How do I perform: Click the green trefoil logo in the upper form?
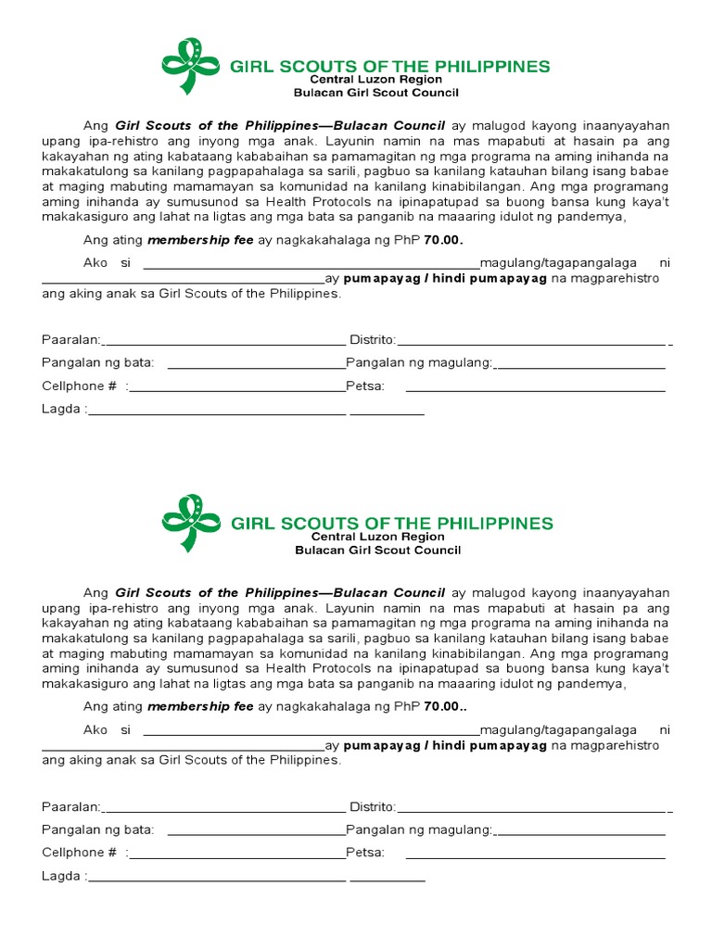[x=192, y=67]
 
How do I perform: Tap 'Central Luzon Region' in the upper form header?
[x=375, y=80]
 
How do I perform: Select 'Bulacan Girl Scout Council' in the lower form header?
[x=377, y=550]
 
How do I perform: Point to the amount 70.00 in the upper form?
[x=441, y=241]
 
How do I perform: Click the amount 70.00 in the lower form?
[x=441, y=706]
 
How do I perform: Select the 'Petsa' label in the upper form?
[x=364, y=386]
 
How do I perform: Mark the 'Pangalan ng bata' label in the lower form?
[x=98, y=829]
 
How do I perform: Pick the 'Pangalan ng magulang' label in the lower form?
[x=419, y=829]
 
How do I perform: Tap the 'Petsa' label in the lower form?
[x=364, y=853]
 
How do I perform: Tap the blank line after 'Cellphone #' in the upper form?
[x=237, y=389]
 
